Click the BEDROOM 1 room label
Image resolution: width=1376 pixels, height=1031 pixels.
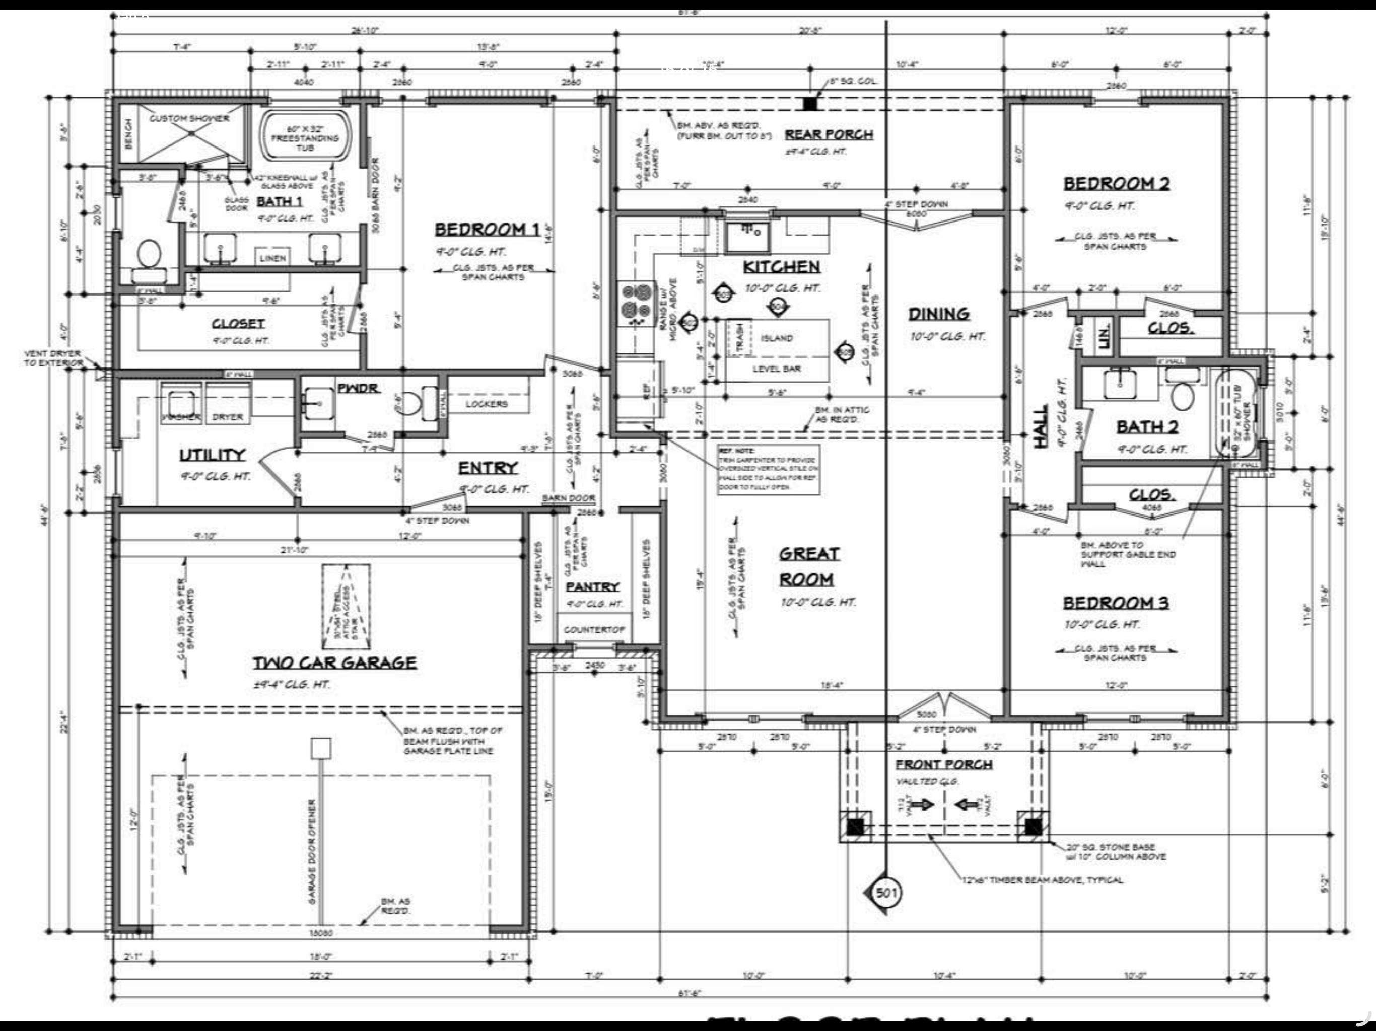coord(487,230)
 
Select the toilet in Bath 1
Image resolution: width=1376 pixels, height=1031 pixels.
coord(148,255)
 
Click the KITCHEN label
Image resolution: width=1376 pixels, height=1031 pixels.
coord(782,267)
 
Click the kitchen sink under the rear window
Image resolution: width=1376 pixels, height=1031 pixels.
coord(747,236)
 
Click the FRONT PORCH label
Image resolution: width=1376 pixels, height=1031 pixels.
coord(944,764)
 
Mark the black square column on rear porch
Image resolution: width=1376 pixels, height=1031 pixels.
coord(809,104)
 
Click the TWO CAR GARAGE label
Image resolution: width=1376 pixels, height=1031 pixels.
coord(334,663)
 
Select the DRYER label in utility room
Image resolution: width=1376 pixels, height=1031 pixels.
coord(228,417)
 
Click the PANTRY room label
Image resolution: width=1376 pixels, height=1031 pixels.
coord(592,586)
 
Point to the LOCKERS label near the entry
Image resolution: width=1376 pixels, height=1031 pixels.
coord(487,404)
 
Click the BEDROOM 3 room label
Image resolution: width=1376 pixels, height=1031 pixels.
coord(1116,603)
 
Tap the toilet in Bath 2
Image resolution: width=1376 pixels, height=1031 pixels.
coord(1182,394)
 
